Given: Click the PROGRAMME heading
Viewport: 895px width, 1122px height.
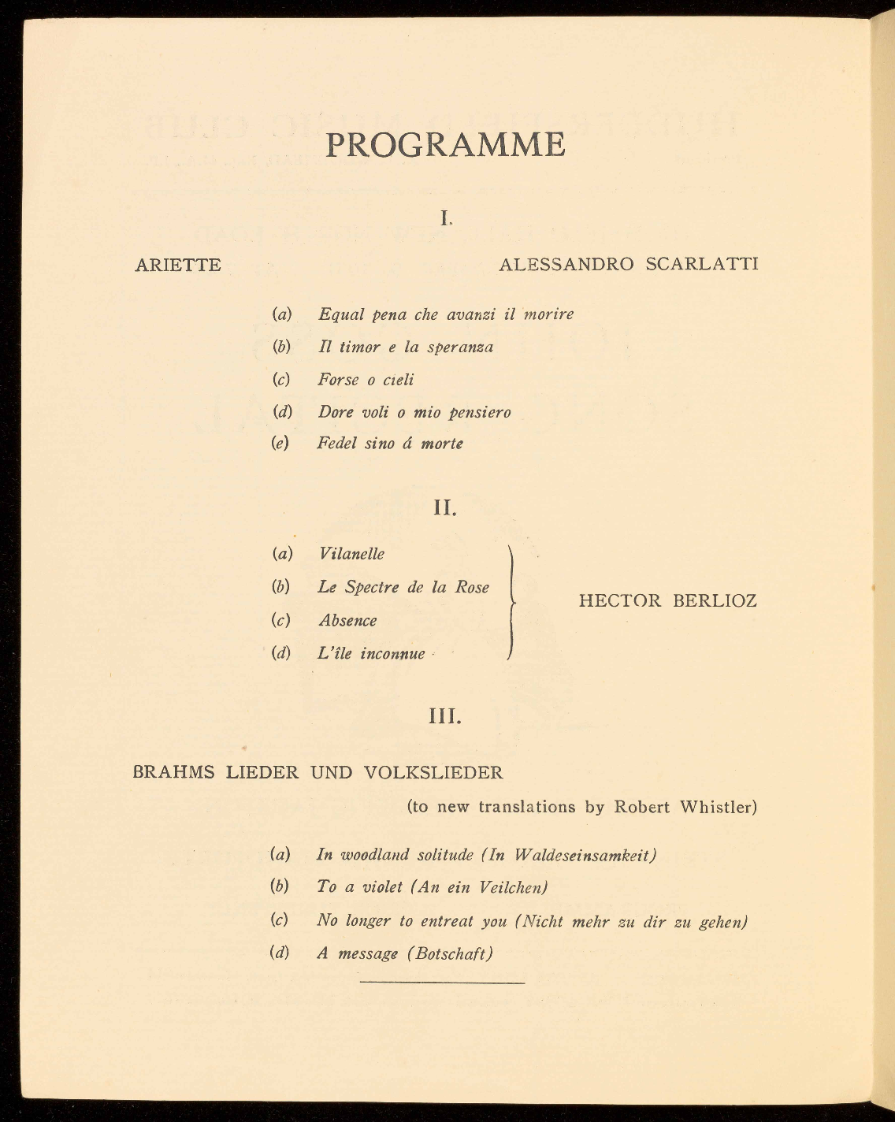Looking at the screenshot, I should coord(444,145).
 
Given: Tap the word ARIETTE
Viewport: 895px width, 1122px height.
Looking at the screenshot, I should coord(178,265).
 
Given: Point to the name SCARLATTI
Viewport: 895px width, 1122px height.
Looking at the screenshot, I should coord(701,264).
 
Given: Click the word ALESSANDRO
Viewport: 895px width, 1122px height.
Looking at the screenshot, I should coord(566,264).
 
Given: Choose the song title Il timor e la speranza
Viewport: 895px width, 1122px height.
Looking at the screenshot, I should coord(406,347).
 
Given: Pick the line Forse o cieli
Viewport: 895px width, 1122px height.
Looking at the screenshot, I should coord(366,380).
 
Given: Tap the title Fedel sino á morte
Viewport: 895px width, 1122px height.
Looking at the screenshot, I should coord(390,444).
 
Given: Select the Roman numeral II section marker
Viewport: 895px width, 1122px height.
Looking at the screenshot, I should coord(445,508).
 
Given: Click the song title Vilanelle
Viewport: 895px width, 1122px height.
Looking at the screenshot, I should coord(351,554).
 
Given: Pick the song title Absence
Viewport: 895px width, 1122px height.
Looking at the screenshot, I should coord(347,621).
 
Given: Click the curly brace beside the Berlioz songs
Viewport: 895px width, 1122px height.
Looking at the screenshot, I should coord(512,602).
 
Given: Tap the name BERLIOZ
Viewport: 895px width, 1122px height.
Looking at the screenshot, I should coord(715,601).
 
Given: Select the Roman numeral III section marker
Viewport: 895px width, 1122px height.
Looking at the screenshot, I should coord(445,717).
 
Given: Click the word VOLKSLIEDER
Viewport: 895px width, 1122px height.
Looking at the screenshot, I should coord(433,772).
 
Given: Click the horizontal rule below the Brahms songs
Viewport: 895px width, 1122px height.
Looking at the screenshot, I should coord(442,983).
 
